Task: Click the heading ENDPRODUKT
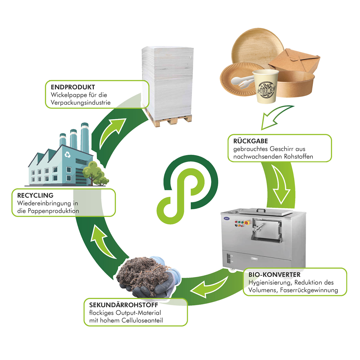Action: pyautogui.click(x=73, y=87)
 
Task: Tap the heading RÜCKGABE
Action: pyautogui.click(x=250, y=141)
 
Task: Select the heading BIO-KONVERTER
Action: pyautogui.click(x=274, y=274)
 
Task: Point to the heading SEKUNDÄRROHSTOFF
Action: pyautogui.click(x=124, y=305)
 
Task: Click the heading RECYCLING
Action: pyautogui.click(x=35, y=195)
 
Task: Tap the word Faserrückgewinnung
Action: pyautogui.click(x=309, y=290)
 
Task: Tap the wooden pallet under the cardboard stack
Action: pyautogui.click(x=169, y=119)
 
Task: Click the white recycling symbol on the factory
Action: pyautogui.click(x=68, y=154)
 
